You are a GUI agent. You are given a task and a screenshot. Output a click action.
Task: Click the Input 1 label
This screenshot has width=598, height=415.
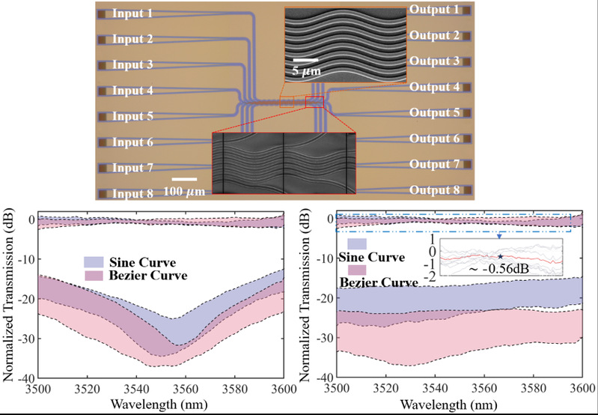[x=132, y=13]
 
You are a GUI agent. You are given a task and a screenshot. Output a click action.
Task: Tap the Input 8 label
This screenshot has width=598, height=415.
[x=132, y=193]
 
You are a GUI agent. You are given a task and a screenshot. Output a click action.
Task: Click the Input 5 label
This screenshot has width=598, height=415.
[x=132, y=117]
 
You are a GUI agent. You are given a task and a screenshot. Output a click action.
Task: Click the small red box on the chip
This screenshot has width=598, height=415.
[x=314, y=102]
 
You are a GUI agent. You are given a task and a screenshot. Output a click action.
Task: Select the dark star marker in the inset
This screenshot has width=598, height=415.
[x=499, y=257]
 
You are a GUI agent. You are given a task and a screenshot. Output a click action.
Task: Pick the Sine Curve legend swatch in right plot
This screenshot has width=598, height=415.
[x=357, y=244]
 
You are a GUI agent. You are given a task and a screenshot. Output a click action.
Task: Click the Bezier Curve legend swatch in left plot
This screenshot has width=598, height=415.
[x=94, y=277]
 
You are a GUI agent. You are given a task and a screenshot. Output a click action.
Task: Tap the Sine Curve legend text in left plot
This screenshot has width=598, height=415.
[x=139, y=262]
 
